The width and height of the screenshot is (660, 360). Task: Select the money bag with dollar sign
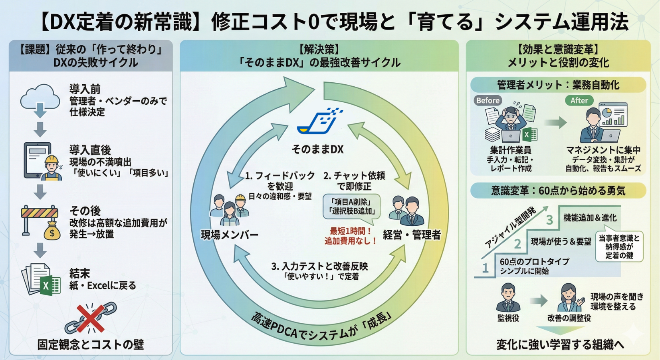pos(52,231)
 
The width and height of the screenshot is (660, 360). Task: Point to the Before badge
pos(488,100)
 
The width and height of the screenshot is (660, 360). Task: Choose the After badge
pos(579,100)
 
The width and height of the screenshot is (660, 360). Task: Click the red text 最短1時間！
pos(351,231)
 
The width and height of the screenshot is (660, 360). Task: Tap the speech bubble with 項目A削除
pos(351,207)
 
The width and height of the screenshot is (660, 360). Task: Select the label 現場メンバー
pos(230,235)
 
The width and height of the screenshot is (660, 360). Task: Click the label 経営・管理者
pos(412,235)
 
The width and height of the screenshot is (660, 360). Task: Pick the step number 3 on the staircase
pos(549,219)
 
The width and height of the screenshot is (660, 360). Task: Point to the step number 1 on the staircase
pos(485,268)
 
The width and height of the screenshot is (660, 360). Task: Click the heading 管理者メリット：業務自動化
pos(558,85)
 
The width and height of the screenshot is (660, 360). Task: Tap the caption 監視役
pos(508,318)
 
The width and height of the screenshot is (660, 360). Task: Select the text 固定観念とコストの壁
pos(91,344)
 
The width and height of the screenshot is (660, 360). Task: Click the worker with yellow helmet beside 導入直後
pos(52,168)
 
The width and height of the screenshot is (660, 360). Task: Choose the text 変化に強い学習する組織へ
pos(560,344)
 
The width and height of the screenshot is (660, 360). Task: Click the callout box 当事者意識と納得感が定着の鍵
pos(619,247)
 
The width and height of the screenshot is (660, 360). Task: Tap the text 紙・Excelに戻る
pos(103,285)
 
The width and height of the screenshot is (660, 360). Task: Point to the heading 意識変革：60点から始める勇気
pos(558,191)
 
